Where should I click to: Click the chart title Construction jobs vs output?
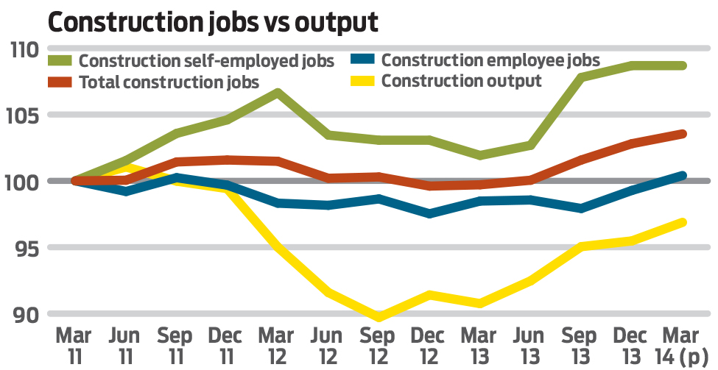pyautogui.click(x=213, y=22)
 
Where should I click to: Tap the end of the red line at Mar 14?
pyautogui.click(x=683, y=134)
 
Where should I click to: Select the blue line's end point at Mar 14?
pyautogui.click(x=683, y=176)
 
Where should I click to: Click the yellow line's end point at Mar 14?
pyautogui.click(x=683, y=222)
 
